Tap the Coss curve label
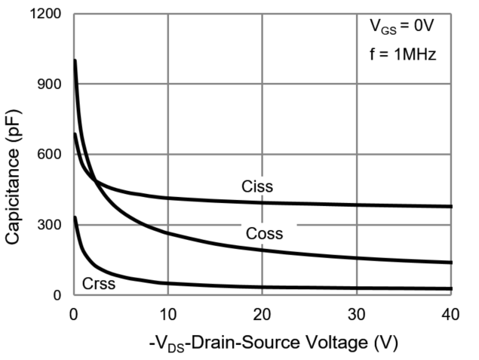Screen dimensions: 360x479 pyautogui.click(x=264, y=234)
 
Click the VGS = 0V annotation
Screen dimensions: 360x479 pyautogui.click(x=401, y=29)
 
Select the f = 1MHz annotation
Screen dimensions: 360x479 pyautogui.click(x=401, y=54)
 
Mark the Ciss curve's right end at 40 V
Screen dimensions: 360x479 pyautogui.click(x=451, y=206)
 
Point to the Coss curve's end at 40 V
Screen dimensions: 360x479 pyautogui.click(x=451, y=263)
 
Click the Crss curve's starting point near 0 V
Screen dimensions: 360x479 pyautogui.click(x=74, y=217)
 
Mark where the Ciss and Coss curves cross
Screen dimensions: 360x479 pyautogui.click(x=95, y=179)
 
